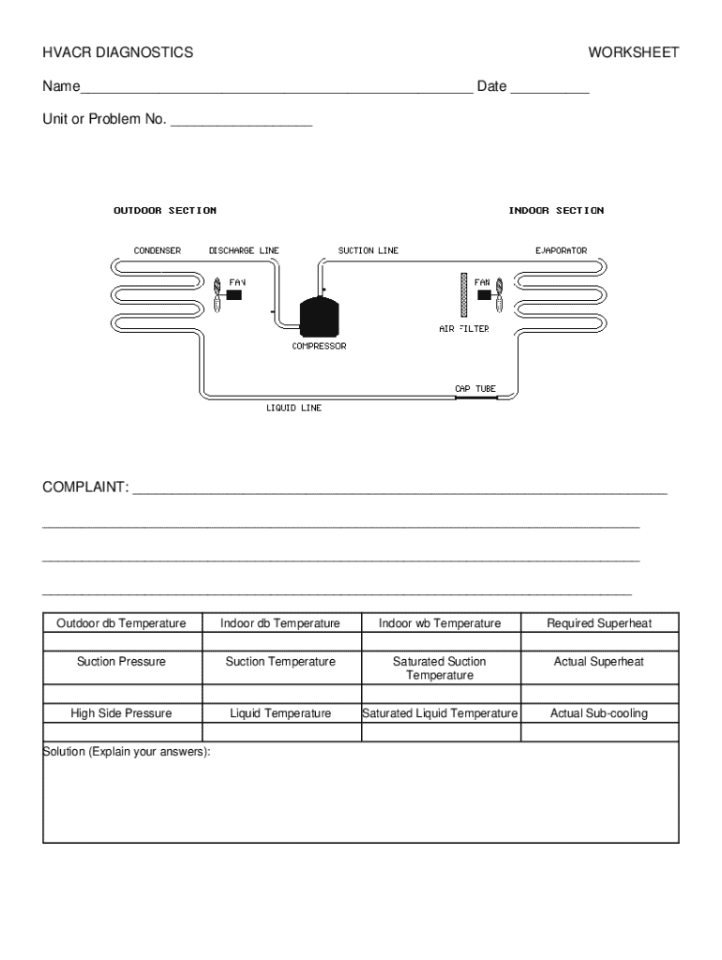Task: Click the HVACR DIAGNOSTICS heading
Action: tap(117, 53)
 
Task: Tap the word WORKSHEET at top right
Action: tap(633, 53)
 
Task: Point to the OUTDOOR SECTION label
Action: tap(165, 211)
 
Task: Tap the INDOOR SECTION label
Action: tap(556, 211)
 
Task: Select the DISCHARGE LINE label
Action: tap(244, 251)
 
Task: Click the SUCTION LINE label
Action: tap(368, 251)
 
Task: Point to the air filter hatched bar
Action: tap(463, 295)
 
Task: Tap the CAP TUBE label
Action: tap(475, 387)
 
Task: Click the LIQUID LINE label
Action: tap(294, 409)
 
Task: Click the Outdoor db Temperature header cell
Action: tap(122, 623)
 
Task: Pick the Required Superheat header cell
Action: tap(599, 623)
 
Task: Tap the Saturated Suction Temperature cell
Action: tap(440, 668)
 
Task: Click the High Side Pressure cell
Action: tap(122, 713)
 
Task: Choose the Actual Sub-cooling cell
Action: tap(599, 713)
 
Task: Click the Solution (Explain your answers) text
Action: tap(127, 752)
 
